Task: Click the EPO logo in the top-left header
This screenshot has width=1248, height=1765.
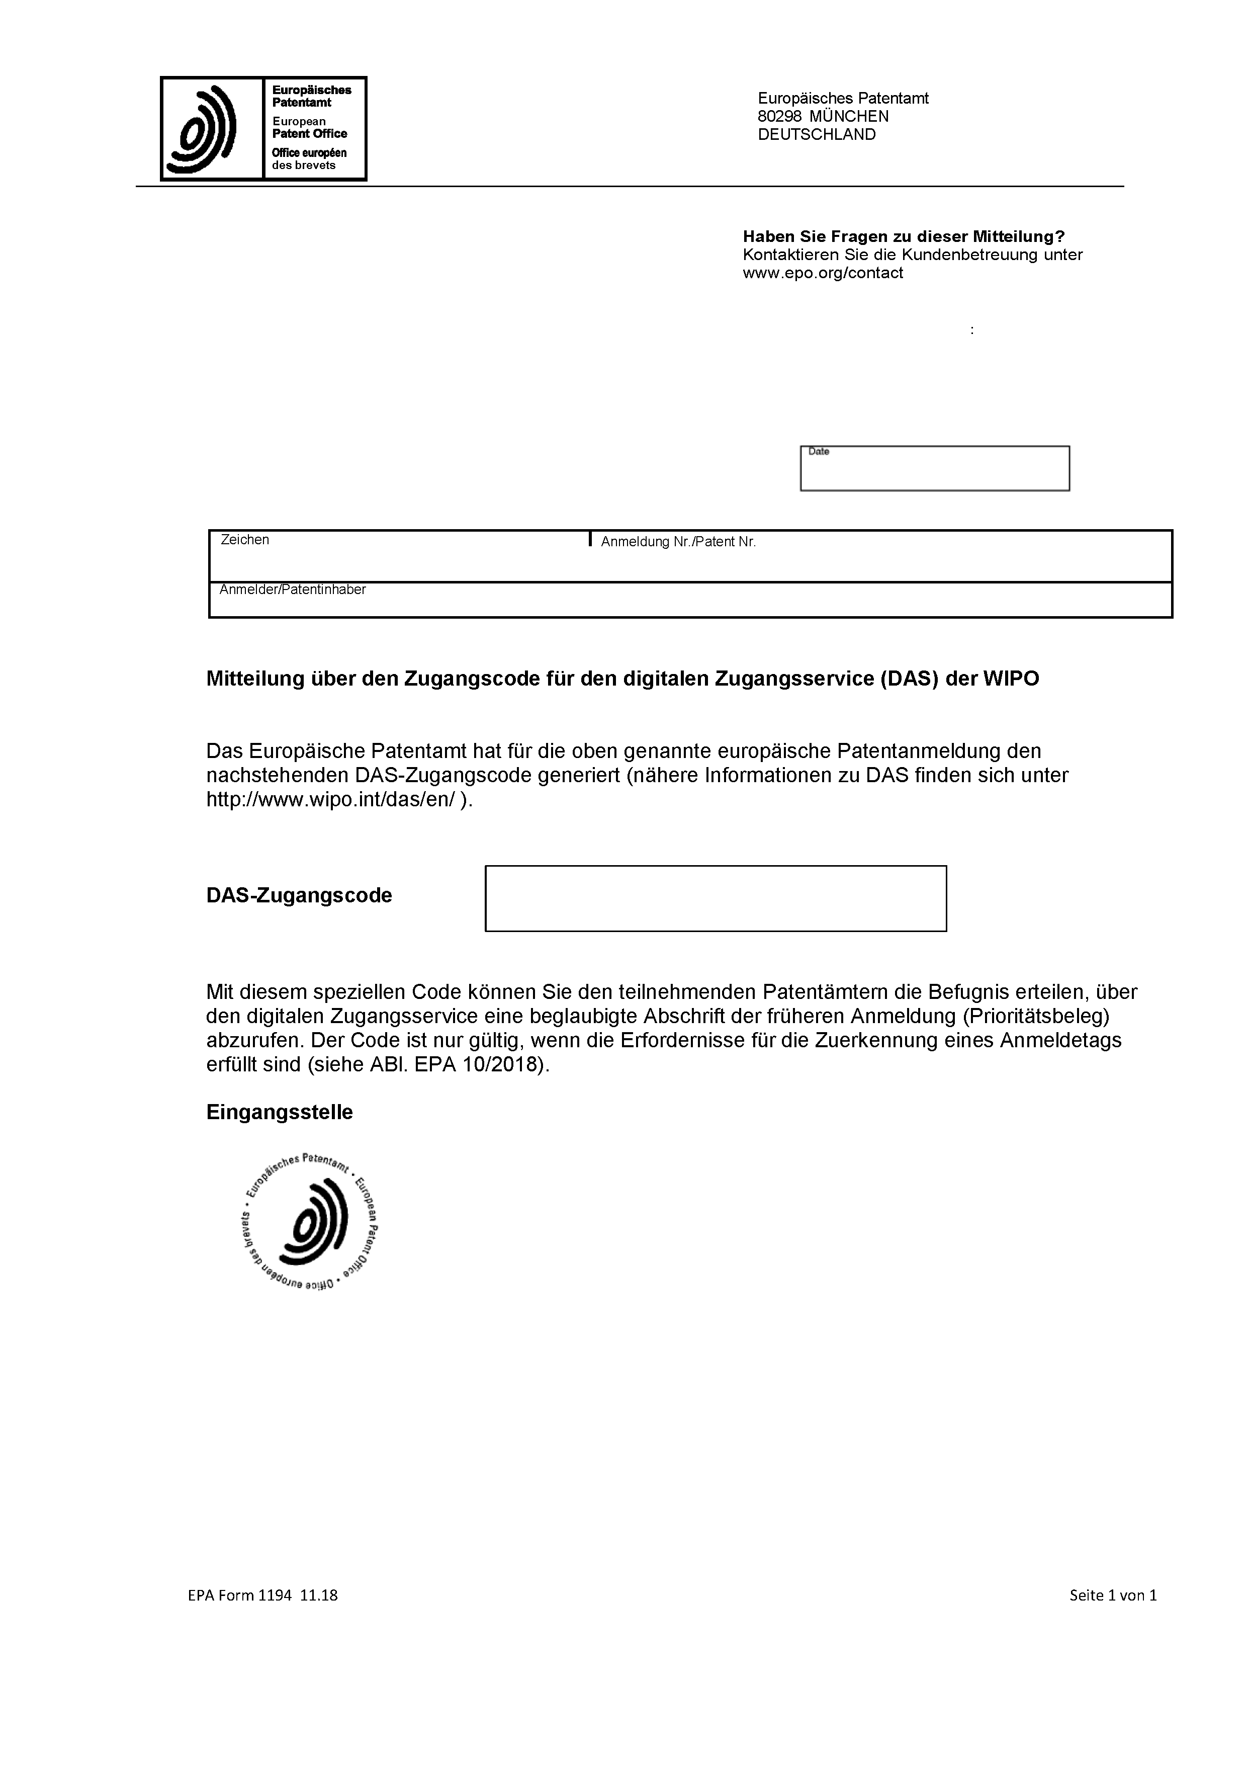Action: [263, 128]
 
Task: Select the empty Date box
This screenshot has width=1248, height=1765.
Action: [934, 469]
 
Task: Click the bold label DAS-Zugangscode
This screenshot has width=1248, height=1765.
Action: [299, 895]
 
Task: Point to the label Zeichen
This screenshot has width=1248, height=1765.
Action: [244, 540]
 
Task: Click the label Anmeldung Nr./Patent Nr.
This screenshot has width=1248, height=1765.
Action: [678, 542]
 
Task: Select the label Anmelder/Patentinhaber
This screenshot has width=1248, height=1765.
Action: [292, 590]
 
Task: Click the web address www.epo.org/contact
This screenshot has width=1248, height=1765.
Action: [822, 273]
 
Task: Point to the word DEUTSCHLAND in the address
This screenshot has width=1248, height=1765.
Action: [816, 134]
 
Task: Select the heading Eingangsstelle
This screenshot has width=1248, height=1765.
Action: [279, 1112]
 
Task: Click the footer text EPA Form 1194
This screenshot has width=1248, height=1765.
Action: [240, 1595]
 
